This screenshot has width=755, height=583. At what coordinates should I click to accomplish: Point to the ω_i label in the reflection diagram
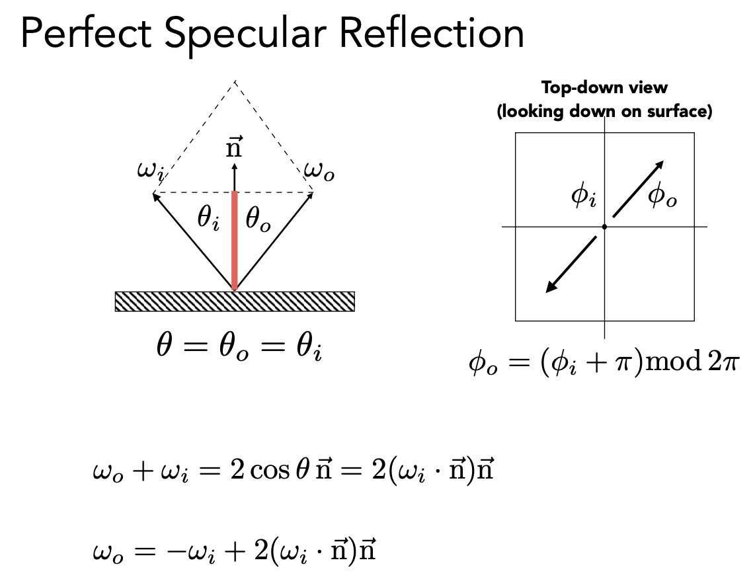coord(150,172)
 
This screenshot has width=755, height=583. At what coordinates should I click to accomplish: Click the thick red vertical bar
coord(234,241)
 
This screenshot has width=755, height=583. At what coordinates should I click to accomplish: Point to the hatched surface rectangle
coord(235,301)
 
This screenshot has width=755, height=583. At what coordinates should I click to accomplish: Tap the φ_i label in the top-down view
coord(584,197)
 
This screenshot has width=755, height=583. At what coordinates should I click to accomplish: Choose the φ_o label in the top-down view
coord(662,196)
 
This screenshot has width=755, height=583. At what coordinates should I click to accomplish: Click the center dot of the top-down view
coord(604,227)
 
